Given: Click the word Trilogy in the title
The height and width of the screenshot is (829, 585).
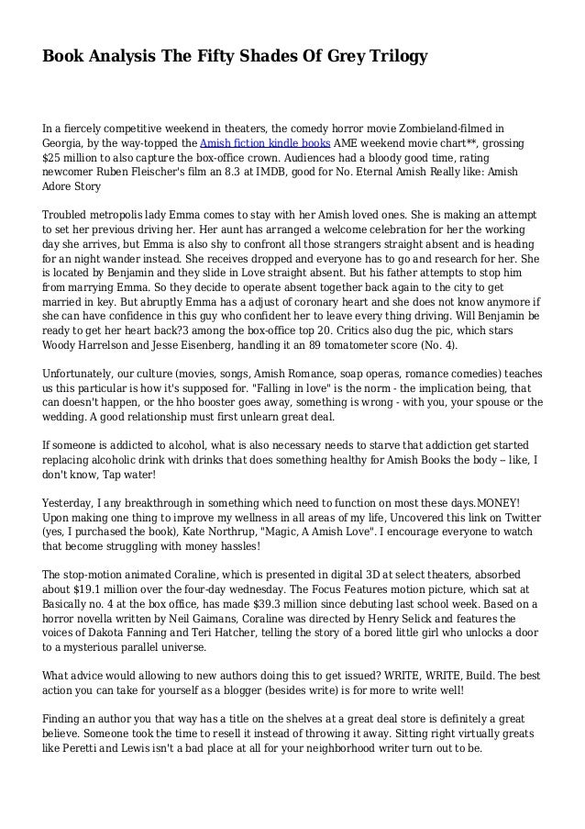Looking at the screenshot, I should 396,58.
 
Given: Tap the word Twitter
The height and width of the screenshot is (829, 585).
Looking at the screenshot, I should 517,526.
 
